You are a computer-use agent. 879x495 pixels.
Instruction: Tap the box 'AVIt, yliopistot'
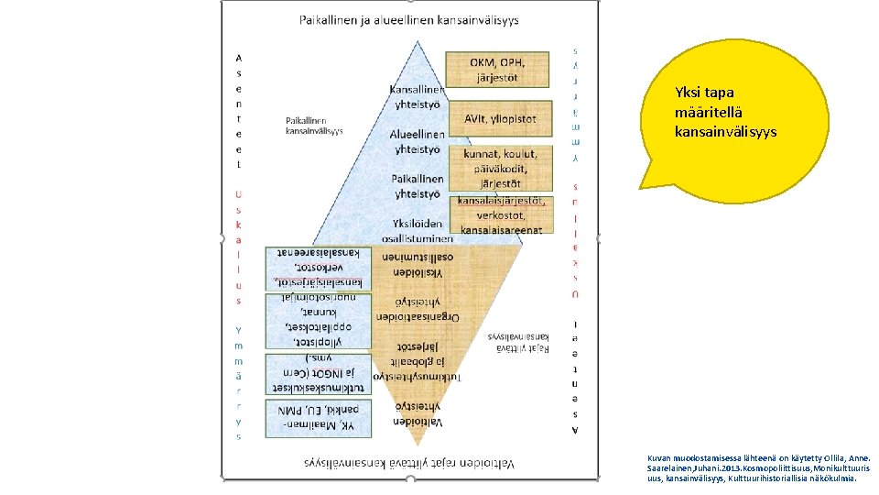pyautogui.click(x=500, y=119)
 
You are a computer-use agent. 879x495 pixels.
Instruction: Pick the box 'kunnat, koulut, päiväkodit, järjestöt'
pyautogui.click(x=500, y=168)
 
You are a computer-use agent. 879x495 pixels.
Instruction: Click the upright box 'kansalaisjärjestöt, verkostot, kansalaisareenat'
pyautogui.click(x=501, y=214)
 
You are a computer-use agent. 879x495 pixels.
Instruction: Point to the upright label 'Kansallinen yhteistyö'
pyautogui.click(x=417, y=96)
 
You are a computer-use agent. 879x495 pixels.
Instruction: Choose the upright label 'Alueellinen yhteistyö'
pyautogui.click(x=417, y=141)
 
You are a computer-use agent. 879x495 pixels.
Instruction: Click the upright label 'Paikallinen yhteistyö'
pyautogui.click(x=417, y=186)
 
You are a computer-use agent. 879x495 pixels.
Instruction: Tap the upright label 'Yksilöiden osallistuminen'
pyautogui.click(x=418, y=230)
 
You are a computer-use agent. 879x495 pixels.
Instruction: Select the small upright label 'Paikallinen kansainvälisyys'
pyautogui.click(x=314, y=126)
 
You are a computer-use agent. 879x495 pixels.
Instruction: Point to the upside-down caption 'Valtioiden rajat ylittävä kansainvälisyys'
pyautogui.click(x=409, y=463)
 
